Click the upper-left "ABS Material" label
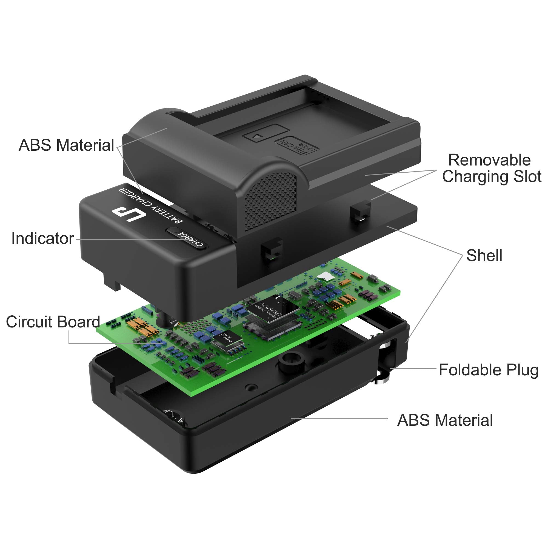[66, 145]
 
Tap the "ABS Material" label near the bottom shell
[445, 420]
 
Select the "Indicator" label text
[42, 238]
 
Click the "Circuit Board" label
[53, 322]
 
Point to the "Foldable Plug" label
[489, 370]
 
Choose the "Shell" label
[484, 255]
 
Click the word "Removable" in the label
[489, 160]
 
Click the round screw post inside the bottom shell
[291, 363]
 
